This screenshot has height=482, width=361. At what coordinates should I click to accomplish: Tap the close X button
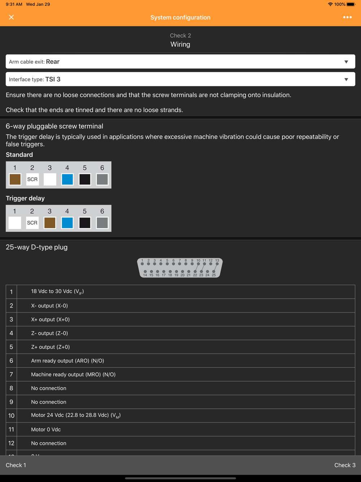(12, 17)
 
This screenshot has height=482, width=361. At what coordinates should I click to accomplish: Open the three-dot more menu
(347, 17)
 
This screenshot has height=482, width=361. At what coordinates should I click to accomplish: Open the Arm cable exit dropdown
(180, 62)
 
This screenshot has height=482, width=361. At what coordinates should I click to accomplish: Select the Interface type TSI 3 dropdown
(180, 79)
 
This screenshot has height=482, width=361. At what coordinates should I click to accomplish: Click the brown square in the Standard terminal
(15, 179)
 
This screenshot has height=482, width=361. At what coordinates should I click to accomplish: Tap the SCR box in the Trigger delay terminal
(32, 223)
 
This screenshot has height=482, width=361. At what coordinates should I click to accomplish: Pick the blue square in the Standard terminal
(67, 179)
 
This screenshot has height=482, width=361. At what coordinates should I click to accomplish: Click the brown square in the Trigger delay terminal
(50, 223)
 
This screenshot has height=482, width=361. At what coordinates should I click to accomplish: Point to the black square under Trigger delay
(85, 223)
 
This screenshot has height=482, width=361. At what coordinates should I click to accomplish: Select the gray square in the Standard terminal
(102, 179)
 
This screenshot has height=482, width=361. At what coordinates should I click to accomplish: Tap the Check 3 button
(345, 465)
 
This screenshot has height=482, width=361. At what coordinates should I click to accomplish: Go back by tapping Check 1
(16, 465)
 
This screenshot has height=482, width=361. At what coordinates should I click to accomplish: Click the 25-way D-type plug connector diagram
(180, 268)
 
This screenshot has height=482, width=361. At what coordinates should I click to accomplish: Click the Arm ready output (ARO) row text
(68, 361)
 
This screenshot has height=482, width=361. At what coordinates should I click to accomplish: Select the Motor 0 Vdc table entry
(46, 430)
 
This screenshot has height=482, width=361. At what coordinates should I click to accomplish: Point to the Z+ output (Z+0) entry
(51, 347)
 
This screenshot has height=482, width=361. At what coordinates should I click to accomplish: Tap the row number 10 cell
(12, 416)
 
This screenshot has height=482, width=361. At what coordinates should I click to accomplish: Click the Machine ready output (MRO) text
(73, 374)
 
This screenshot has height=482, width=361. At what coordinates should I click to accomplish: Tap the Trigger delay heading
(25, 198)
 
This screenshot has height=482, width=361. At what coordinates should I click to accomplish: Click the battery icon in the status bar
(351, 4)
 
